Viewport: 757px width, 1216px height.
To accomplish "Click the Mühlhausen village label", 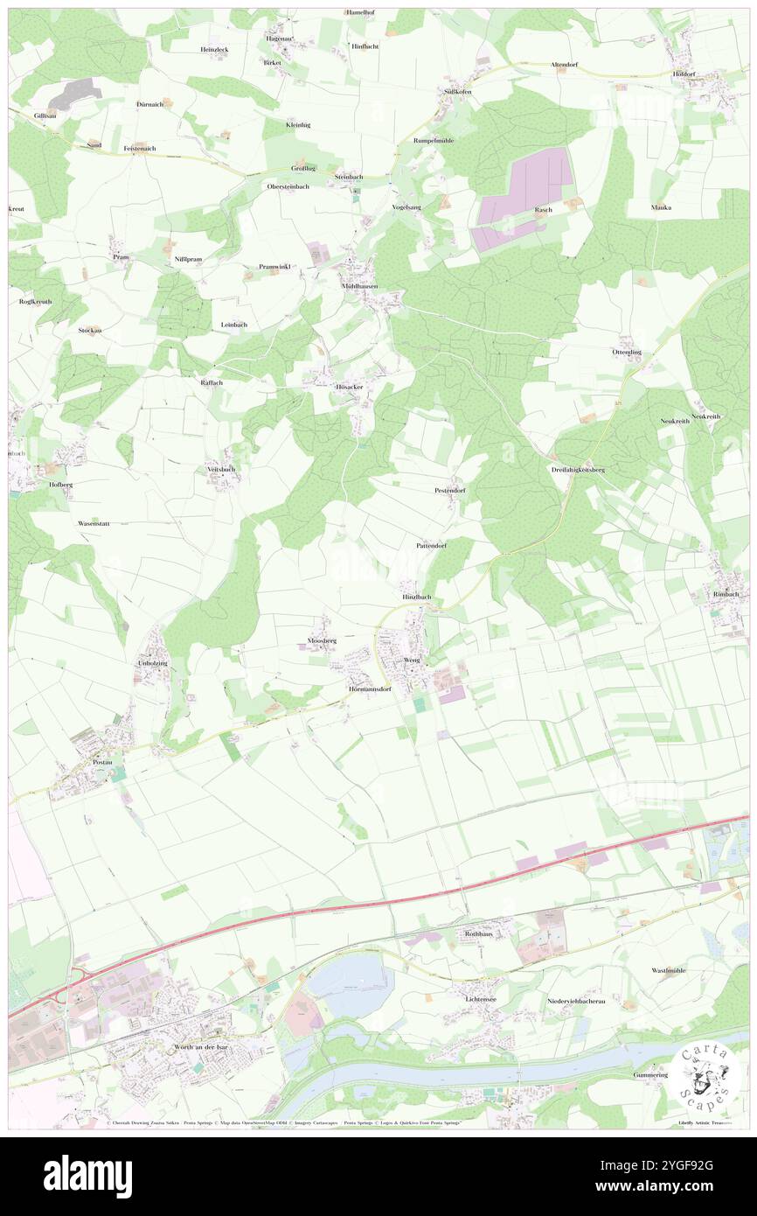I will (x=359, y=285).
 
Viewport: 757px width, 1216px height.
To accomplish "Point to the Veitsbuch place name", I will (x=221, y=469).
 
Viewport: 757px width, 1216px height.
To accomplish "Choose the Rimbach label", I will (x=726, y=595).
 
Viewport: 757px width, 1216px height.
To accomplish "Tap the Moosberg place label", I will (x=322, y=641).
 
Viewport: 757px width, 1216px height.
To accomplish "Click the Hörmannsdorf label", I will (x=368, y=688).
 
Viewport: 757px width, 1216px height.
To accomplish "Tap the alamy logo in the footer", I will (x=87, y=1177).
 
